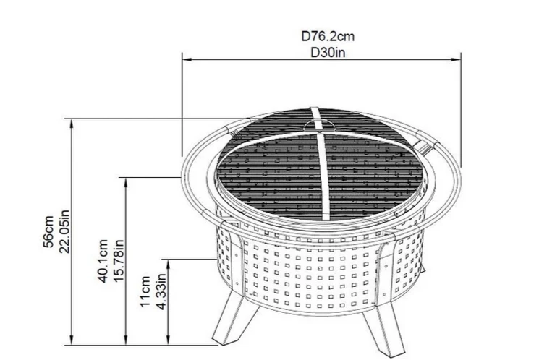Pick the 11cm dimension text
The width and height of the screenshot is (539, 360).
click(147, 292)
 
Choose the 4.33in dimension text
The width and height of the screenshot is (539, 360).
click(162, 292)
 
